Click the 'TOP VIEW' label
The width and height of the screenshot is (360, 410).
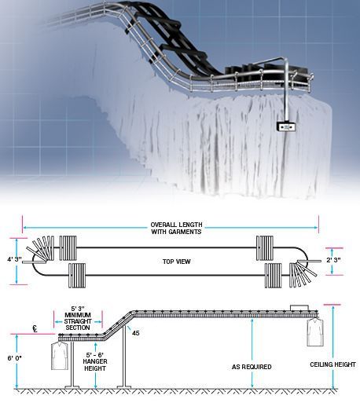point(176,262)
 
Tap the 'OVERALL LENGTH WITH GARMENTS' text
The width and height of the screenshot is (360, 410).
point(176,228)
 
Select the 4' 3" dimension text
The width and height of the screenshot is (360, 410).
point(14,259)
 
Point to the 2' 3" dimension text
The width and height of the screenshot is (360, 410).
point(333,260)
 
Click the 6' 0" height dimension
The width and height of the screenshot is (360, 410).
point(14,358)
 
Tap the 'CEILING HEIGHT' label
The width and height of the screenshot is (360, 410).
point(332,364)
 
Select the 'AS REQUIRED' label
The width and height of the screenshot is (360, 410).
point(252,367)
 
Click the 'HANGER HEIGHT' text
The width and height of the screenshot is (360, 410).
point(95,364)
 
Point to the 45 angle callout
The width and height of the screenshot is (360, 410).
point(136,333)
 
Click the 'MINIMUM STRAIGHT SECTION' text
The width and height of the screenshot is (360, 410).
point(78,321)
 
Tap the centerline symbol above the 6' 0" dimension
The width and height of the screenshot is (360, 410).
point(35,328)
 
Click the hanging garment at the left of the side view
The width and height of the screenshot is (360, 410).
point(60,355)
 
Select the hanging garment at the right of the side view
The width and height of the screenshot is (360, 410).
point(315,331)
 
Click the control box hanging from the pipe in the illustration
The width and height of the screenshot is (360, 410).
point(286,127)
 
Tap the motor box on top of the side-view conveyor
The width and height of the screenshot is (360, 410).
point(299,307)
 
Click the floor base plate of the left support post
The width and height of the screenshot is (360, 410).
point(72,386)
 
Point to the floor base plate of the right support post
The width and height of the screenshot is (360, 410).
point(124,386)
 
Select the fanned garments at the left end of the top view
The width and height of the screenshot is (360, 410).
point(41,249)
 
